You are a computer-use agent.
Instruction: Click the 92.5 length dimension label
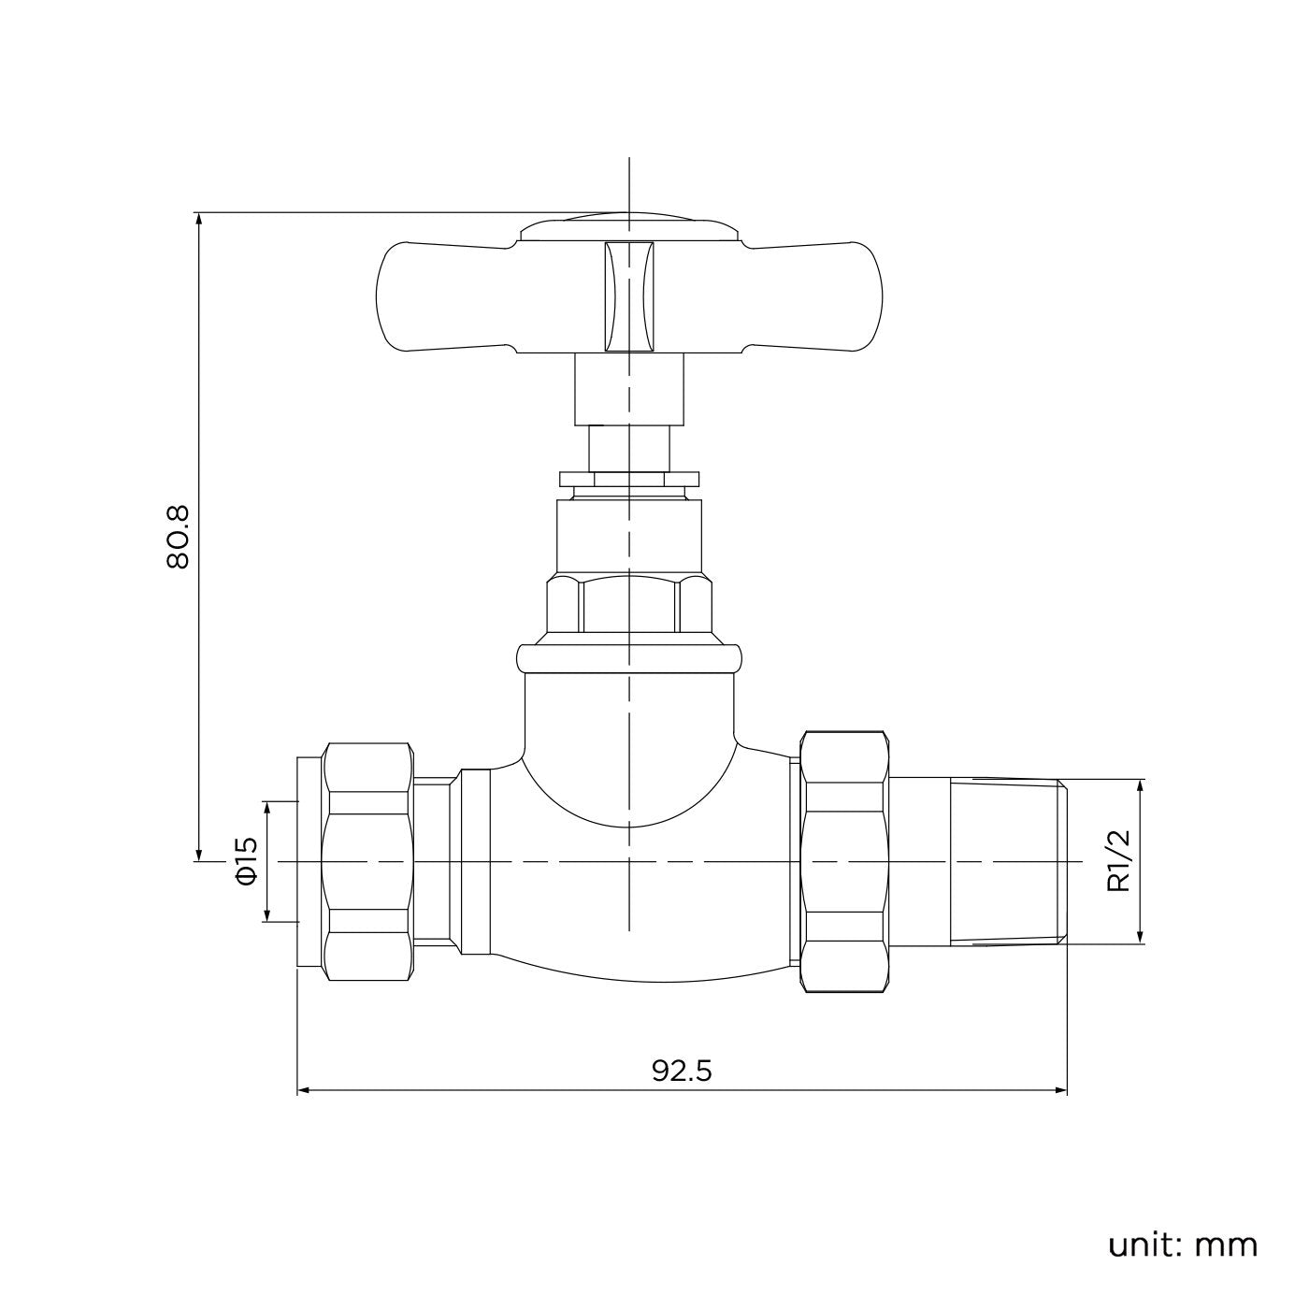click(x=682, y=1071)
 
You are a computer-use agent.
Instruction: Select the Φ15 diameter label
click(x=246, y=860)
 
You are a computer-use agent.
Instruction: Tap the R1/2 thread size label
click(x=1119, y=860)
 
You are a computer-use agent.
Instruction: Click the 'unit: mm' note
click(x=1182, y=1245)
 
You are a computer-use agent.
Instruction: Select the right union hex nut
click(x=844, y=860)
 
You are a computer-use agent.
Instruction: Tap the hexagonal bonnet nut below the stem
click(x=628, y=605)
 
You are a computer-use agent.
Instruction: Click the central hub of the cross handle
click(x=628, y=297)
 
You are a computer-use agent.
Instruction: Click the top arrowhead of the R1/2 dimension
click(x=1140, y=785)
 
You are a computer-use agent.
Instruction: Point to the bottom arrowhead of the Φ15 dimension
click(x=266, y=915)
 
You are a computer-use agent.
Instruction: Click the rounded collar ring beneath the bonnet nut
click(x=628, y=656)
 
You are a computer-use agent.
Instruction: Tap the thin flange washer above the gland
click(x=628, y=480)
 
